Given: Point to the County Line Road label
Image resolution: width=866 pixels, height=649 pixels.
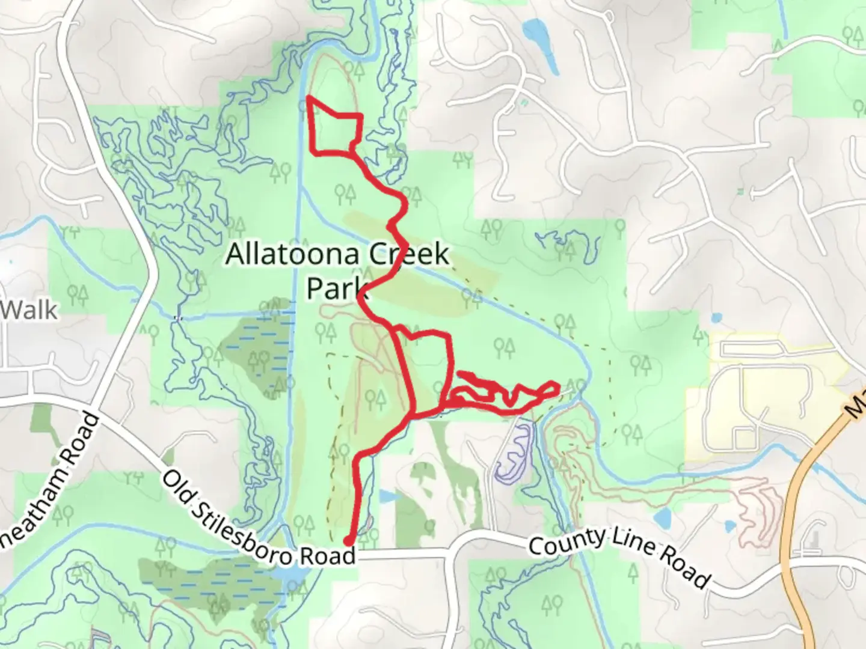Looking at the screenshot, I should pyautogui.click(x=619, y=556).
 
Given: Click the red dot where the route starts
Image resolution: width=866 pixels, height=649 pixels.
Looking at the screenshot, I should pyautogui.click(x=348, y=541).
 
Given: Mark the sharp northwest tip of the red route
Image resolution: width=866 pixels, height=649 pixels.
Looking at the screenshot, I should pyautogui.click(x=309, y=97).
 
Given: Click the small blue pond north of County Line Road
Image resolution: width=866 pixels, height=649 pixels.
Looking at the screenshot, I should pyautogui.click(x=661, y=517).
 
